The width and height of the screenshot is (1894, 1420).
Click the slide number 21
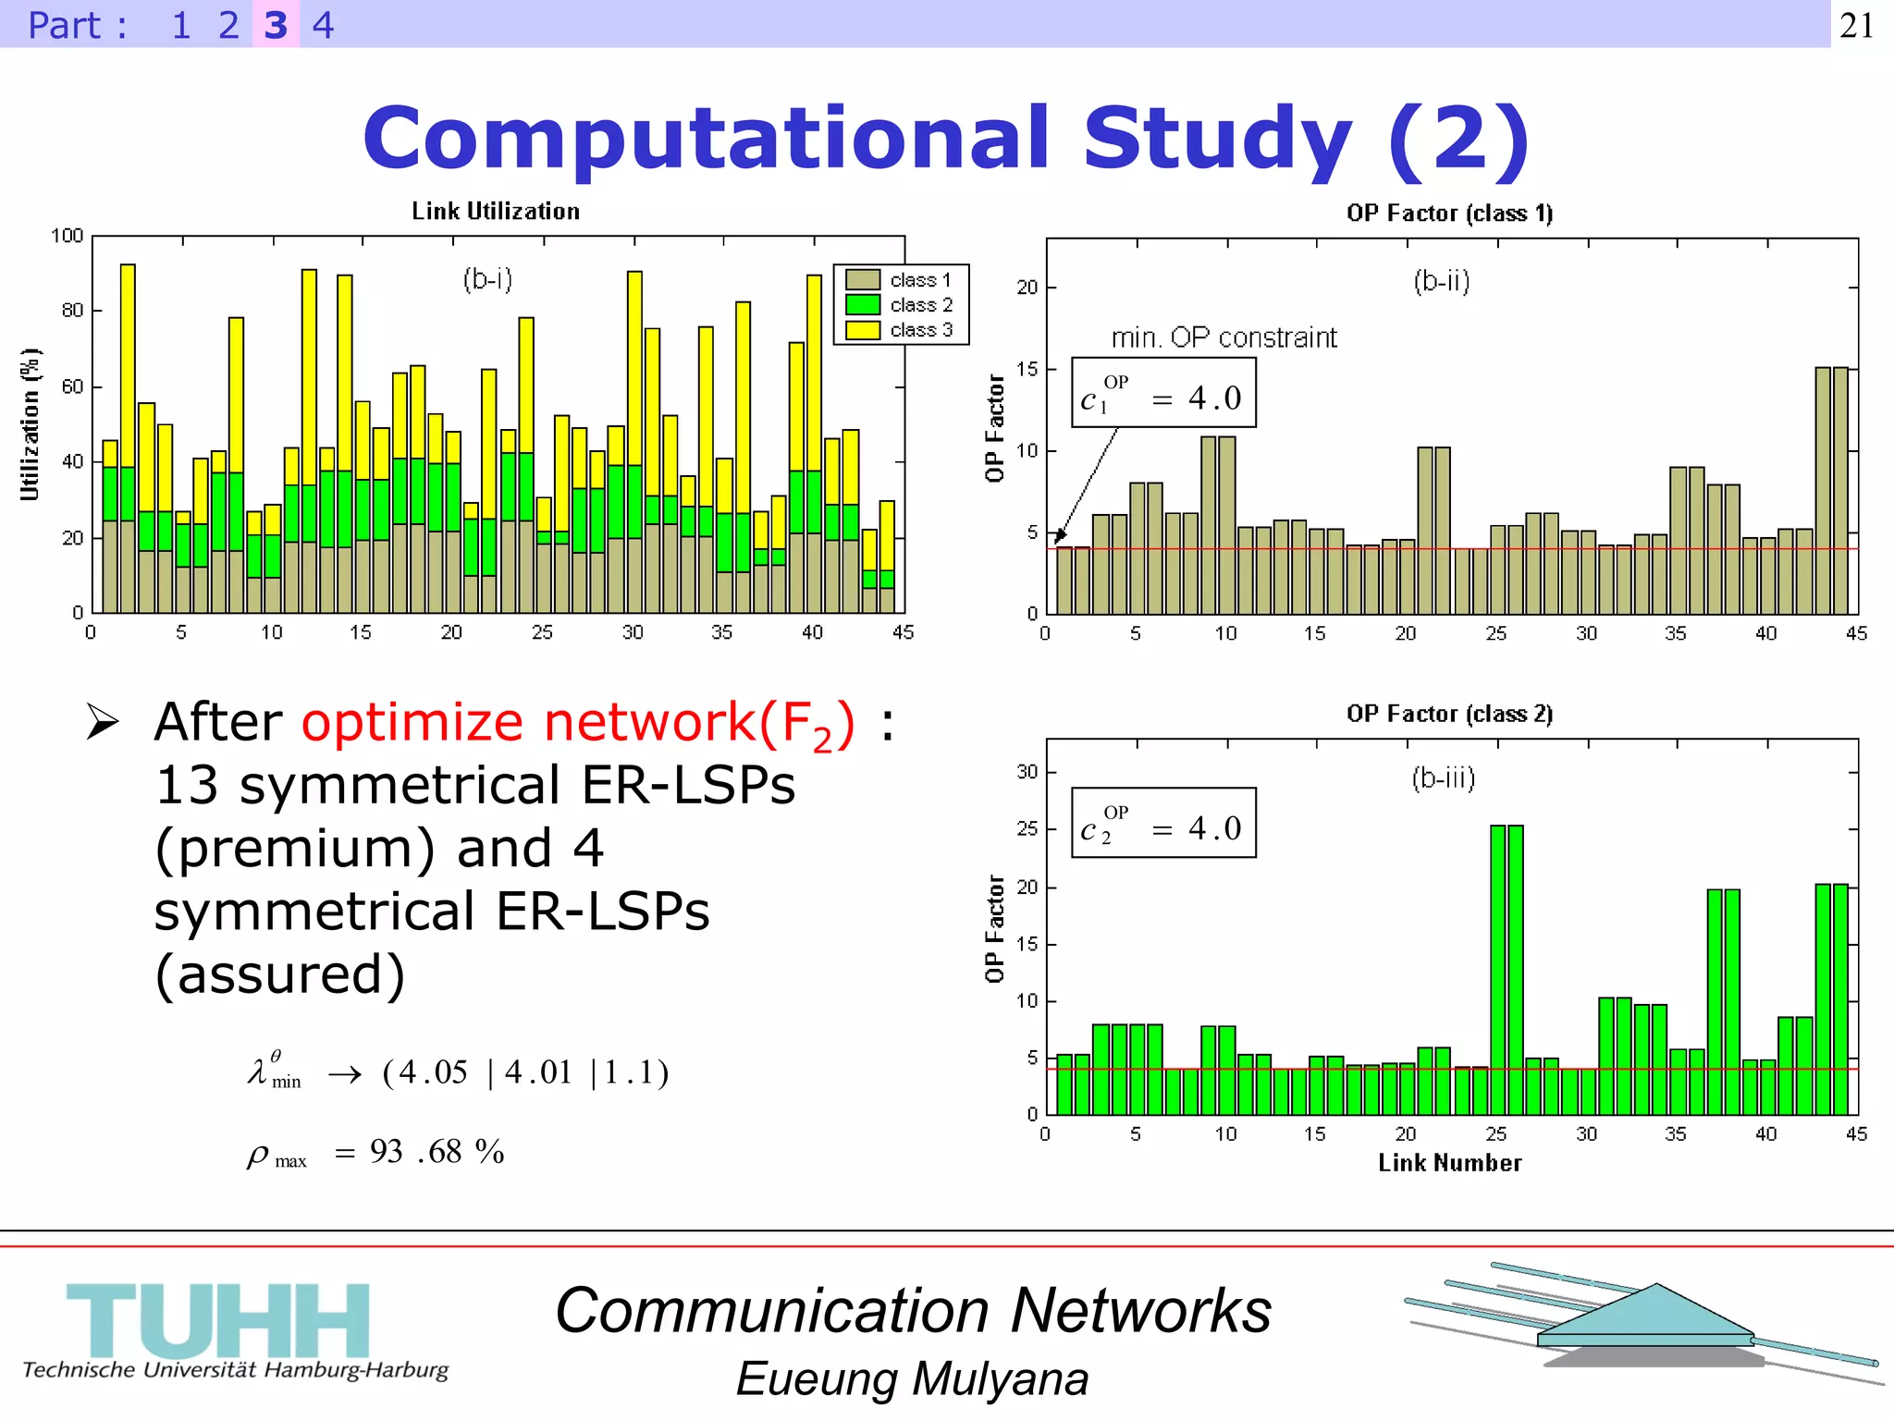coord(1857,25)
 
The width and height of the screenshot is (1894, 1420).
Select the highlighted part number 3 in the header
coord(276,25)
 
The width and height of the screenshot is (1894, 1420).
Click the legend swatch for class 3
coord(862,330)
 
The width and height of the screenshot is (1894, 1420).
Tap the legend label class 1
coord(920,280)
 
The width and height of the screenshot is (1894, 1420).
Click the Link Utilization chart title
coord(496,212)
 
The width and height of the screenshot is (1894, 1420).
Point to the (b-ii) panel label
coord(1441,281)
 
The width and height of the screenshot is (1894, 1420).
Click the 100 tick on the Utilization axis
coord(67,236)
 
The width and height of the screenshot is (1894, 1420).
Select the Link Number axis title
coord(1449,1163)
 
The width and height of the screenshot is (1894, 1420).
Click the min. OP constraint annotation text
coord(1224,337)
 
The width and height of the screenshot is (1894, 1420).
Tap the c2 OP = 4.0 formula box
coord(1163,824)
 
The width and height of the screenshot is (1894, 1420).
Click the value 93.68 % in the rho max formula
coord(437,1152)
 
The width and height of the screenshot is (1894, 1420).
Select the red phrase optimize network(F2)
coord(578,723)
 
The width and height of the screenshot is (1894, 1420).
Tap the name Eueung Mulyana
coord(912,1379)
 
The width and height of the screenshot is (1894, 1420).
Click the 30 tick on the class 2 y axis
coord(1027,771)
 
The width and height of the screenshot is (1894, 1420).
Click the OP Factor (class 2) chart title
coord(1449,714)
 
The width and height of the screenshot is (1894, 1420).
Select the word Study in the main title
coord(1218,139)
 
